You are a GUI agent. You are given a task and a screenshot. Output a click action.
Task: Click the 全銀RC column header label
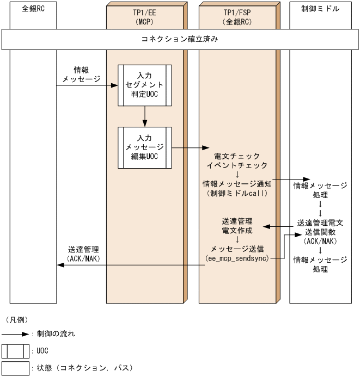pyautogui.click(x=33, y=9)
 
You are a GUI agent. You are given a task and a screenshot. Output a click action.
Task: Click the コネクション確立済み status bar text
pyautogui.click(x=180, y=40)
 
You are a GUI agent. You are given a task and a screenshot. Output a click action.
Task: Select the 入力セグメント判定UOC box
pyautogui.click(x=145, y=85)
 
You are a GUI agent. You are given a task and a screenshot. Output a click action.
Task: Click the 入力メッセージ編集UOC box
pyautogui.click(x=145, y=147)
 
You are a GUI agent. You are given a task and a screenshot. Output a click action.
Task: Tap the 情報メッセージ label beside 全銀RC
pyautogui.click(x=82, y=75)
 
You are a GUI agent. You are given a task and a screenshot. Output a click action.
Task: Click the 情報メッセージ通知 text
pyautogui.click(x=237, y=183)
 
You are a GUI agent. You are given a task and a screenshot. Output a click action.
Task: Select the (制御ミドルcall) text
pyautogui.click(x=237, y=193)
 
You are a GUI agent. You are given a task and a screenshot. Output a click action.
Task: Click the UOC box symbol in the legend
pyautogui.click(x=15, y=351)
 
